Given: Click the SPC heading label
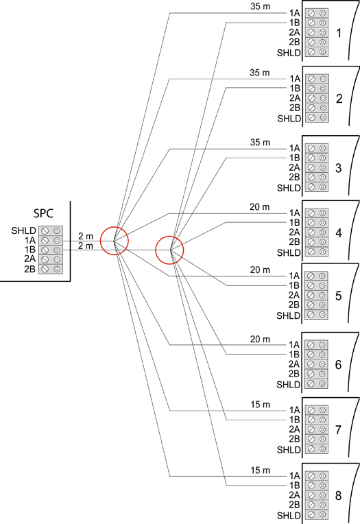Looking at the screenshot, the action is point(43,213).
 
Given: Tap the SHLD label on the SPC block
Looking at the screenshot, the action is point(23,230).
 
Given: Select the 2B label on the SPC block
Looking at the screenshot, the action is point(29,269).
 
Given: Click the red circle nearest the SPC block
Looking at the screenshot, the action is point(115,241).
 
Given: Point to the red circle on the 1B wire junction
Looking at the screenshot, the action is point(170,250).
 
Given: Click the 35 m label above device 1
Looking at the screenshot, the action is point(260,6).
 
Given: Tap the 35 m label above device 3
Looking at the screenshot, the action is point(260,143).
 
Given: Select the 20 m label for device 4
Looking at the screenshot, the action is point(260,207).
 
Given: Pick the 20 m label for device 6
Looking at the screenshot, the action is point(260,340).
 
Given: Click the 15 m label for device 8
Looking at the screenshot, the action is point(261,471).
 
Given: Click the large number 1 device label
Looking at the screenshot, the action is point(339,33).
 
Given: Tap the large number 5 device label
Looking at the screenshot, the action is point(338,296).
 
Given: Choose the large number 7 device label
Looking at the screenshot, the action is point(338,430).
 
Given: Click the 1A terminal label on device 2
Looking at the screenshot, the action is point(295,79).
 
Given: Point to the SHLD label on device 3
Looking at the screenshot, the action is point(289,188).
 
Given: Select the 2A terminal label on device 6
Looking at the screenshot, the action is point(294,364).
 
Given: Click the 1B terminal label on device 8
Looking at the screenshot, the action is point(294,485).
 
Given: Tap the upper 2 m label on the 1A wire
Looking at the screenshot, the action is point(86,236).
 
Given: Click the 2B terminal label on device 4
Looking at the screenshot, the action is point(294,241).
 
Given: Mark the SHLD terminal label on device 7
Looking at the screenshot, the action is point(289,450).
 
